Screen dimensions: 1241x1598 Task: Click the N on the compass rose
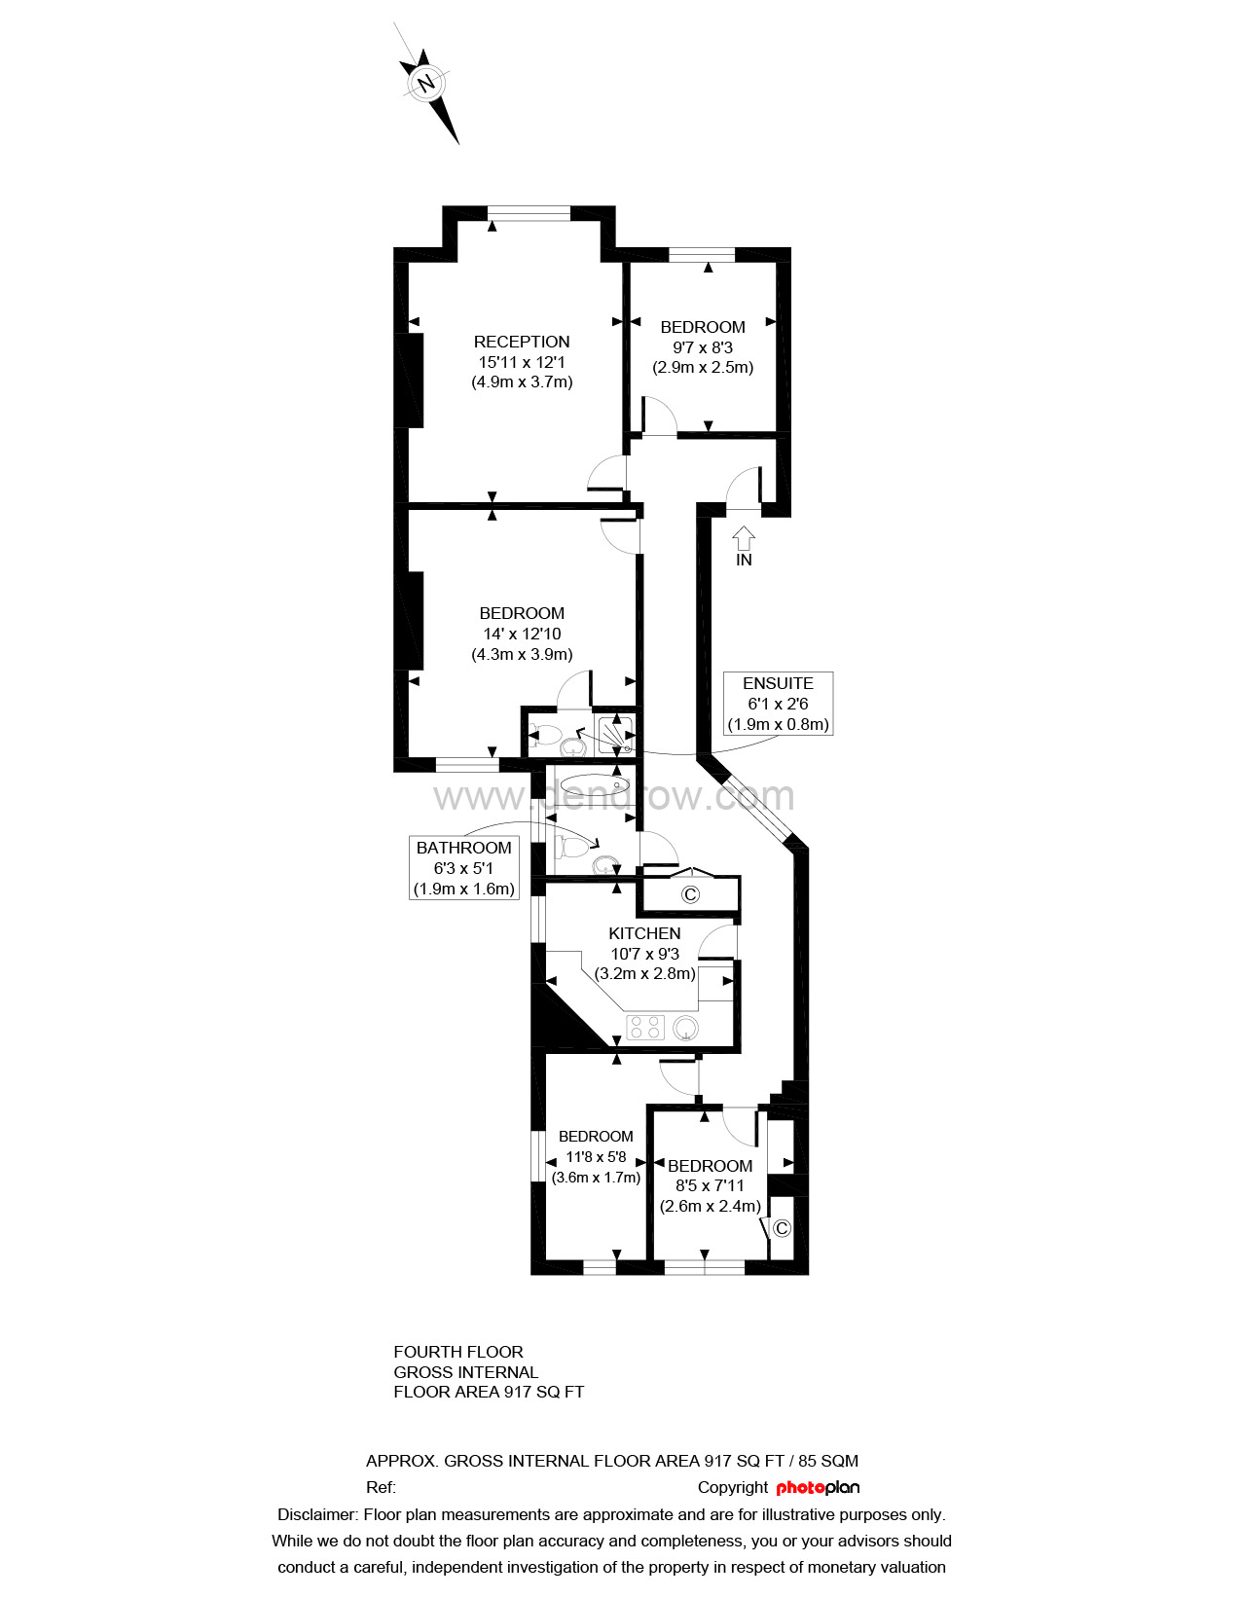pos(425,83)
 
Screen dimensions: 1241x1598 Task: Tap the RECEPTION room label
pos(522,342)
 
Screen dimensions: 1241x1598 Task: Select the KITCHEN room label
pos(644,933)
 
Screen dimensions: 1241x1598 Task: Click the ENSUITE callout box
pos(778,703)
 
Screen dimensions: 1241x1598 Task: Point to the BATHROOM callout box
pos(464,868)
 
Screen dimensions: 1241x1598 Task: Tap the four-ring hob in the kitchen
pos(644,1028)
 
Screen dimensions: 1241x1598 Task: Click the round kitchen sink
pos(686,1028)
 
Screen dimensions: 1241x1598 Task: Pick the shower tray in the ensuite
pos(616,734)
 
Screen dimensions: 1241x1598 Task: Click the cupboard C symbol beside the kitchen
pos(690,894)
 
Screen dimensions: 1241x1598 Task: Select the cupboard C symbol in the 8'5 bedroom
pos(782,1227)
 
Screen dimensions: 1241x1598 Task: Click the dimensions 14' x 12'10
pos(522,634)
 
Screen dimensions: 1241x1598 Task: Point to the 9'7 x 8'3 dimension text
pos(702,347)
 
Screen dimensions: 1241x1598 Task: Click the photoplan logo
pos(818,1488)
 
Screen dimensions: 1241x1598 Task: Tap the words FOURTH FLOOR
pos(458,1352)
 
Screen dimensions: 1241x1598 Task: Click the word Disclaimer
pos(316,1515)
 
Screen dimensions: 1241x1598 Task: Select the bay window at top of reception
pos(529,213)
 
